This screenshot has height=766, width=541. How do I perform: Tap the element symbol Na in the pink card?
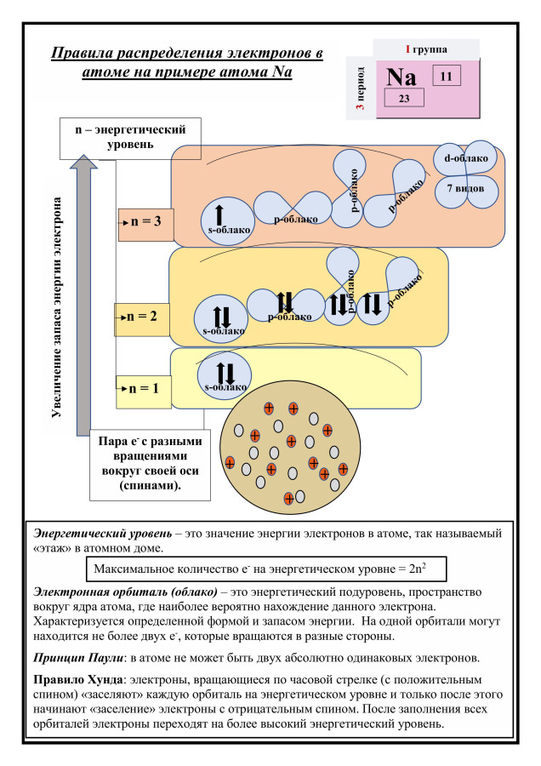[401, 77]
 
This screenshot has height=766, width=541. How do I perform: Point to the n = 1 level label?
[143, 388]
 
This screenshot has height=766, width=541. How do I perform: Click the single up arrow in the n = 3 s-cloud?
[219, 215]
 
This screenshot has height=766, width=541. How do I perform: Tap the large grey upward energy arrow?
[82, 289]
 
